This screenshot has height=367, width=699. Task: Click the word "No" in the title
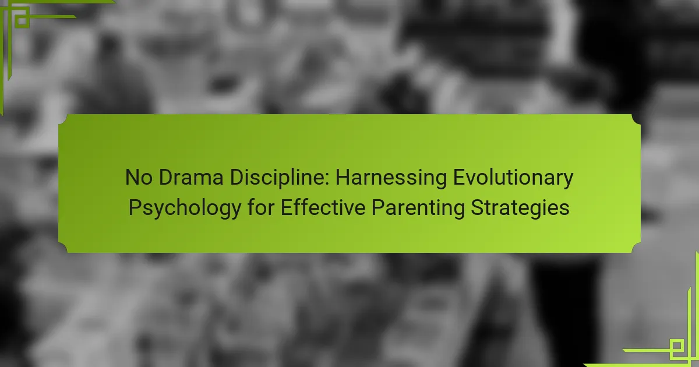pyautogui.click(x=139, y=177)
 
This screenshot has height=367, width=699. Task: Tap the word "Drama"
pyautogui.click(x=191, y=177)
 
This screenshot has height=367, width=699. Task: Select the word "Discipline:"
pyautogui.click(x=280, y=178)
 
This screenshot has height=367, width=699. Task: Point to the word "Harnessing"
pyautogui.click(x=391, y=178)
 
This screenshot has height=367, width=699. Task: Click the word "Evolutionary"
pyautogui.click(x=513, y=178)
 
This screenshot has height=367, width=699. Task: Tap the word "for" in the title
pyautogui.click(x=261, y=207)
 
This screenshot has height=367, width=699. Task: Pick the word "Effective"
pyautogui.click(x=323, y=207)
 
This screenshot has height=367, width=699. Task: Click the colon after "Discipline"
pyautogui.click(x=327, y=181)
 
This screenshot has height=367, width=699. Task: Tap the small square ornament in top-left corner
pyautogui.click(x=22, y=20)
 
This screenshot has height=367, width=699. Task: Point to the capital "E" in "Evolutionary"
pyautogui.click(x=459, y=177)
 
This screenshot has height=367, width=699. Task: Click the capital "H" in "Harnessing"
pyautogui.click(x=342, y=177)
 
